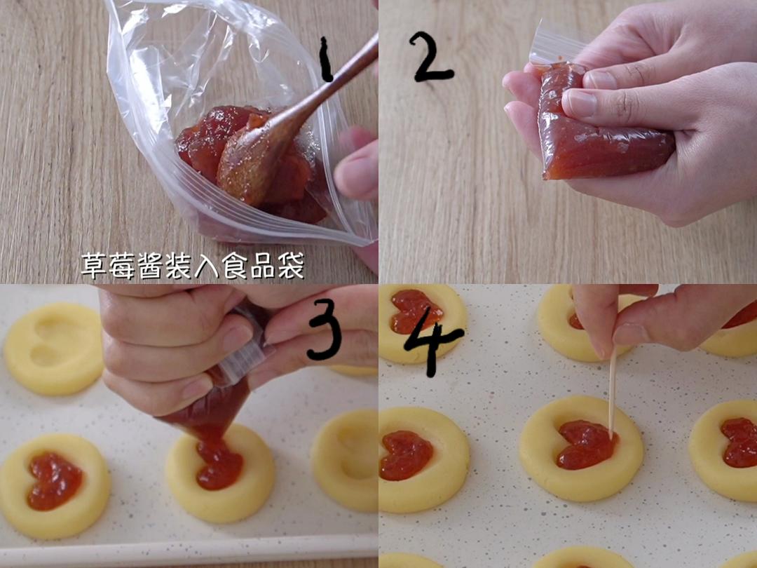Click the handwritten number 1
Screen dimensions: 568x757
[325, 60]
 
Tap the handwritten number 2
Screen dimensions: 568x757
[431, 56]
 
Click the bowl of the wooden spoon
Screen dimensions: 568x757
[242, 165]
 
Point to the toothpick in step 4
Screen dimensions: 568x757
[612, 393]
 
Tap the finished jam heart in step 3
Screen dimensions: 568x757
[54, 480]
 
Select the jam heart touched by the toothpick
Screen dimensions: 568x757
[585, 445]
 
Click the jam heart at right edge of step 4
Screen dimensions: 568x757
[739, 442]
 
